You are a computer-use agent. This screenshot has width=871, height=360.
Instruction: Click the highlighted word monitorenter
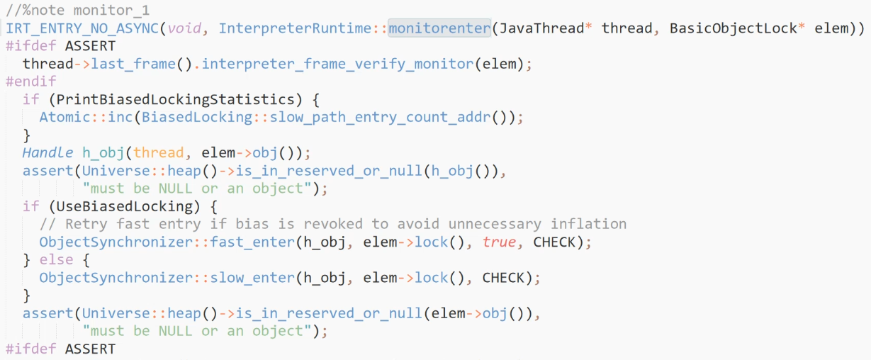439,28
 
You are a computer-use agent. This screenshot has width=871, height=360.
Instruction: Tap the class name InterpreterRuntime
295,28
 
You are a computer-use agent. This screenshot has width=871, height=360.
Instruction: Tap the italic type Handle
47,152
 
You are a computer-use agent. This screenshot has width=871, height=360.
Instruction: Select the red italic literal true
499,242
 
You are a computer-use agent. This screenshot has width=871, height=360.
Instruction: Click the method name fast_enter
252,242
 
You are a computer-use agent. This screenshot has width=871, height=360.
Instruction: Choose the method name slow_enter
252,277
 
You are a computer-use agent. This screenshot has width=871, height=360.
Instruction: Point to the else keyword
57,259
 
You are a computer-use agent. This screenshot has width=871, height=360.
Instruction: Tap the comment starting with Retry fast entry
333,224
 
